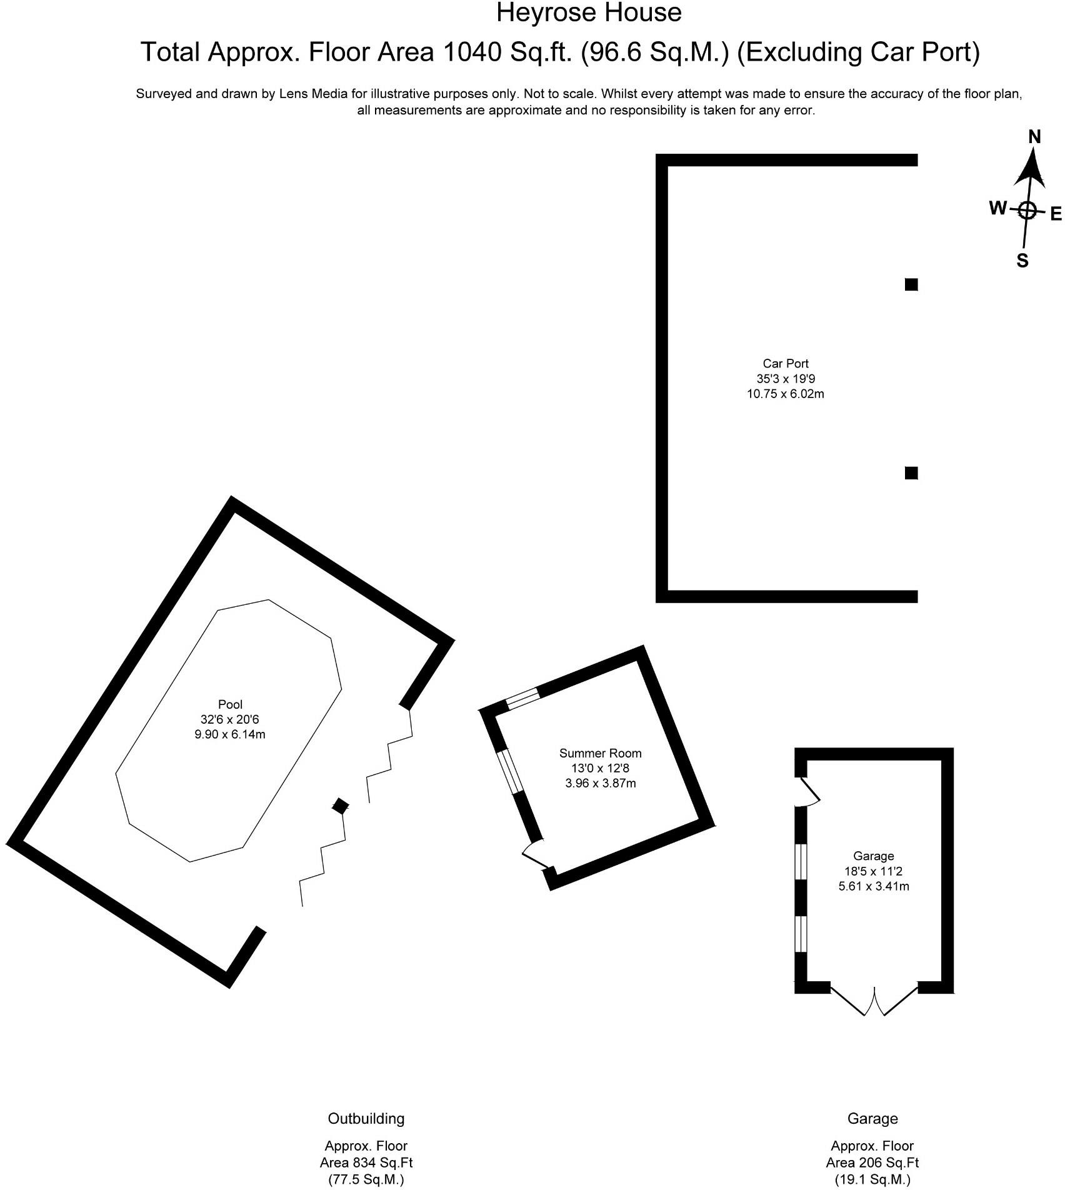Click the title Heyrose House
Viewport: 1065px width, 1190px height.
coord(588,13)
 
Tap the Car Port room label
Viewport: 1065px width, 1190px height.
coord(785,364)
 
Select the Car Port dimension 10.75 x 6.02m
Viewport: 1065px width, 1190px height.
coord(785,394)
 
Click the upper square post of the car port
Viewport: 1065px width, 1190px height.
coord(911,285)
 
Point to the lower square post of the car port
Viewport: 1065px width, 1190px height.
coord(911,473)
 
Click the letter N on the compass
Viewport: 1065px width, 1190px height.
coord(1034,137)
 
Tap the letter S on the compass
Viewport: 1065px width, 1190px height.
coord(1022,260)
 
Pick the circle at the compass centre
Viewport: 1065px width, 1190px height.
coord(1027,210)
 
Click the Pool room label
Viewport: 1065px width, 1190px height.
coord(230,704)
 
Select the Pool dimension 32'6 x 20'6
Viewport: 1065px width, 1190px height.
coord(230,719)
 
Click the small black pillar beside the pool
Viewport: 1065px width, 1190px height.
coord(339,806)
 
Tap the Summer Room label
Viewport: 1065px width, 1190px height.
coord(600,753)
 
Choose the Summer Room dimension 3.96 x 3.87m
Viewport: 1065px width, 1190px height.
coord(600,783)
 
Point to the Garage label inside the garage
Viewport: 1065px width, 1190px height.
coord(873,856)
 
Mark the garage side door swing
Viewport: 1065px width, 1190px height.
coord(809,791)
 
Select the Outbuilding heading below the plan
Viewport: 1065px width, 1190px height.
coord(366,1118)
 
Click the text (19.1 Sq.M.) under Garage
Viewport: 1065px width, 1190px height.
coord(872,1179)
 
